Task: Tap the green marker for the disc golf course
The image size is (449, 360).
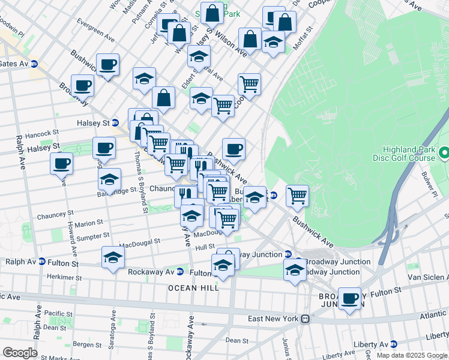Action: click(444, 154)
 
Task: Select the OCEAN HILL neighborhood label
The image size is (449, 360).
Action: click(193, 288)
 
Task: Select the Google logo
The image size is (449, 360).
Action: click(20, 353)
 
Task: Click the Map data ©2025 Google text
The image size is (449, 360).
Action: click(411, 355)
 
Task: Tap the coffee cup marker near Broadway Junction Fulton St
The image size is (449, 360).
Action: click(349, 298)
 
